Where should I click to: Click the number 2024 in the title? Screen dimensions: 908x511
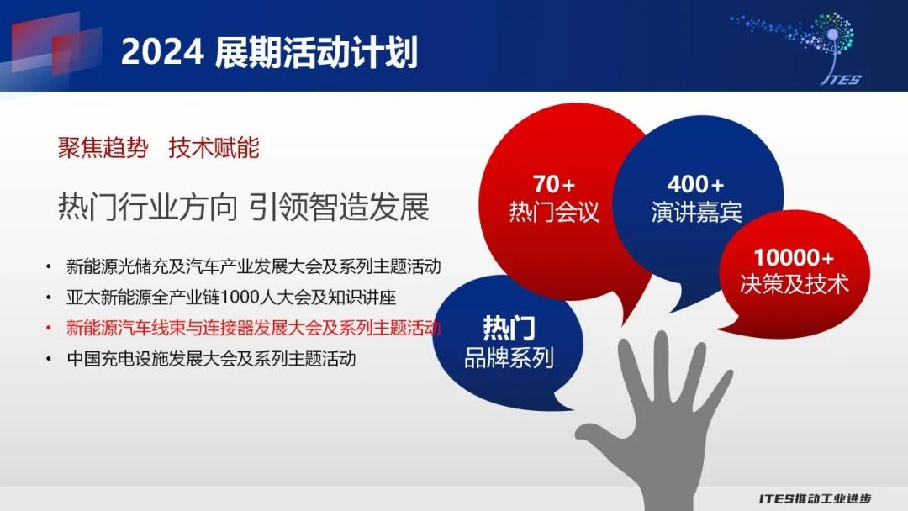click(162, 52)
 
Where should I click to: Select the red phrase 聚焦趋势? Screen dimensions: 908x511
click(103, 148)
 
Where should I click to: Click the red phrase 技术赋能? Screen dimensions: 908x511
click(214, 148)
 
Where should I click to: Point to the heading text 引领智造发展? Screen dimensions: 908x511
click(340, 208)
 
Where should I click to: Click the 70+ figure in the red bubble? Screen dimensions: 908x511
click(553, 185)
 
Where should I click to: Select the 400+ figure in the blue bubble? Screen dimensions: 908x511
click(695, 185)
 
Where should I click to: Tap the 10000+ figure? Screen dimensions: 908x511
click(794, 257)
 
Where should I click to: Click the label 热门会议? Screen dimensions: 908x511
click(553, 212)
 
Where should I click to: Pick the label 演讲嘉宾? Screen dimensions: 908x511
click(696, 212)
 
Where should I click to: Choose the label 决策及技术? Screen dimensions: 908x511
click(794, 283)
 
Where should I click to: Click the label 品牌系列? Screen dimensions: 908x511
click(509, 358)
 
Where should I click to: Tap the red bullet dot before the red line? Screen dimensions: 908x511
click(49, 328)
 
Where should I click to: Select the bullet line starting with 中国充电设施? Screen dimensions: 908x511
click(211, 359)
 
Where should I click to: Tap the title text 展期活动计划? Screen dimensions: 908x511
click(316, 52)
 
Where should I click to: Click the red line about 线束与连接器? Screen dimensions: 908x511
click(254, 328)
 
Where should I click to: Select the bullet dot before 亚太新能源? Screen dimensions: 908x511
click(49, 298)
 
